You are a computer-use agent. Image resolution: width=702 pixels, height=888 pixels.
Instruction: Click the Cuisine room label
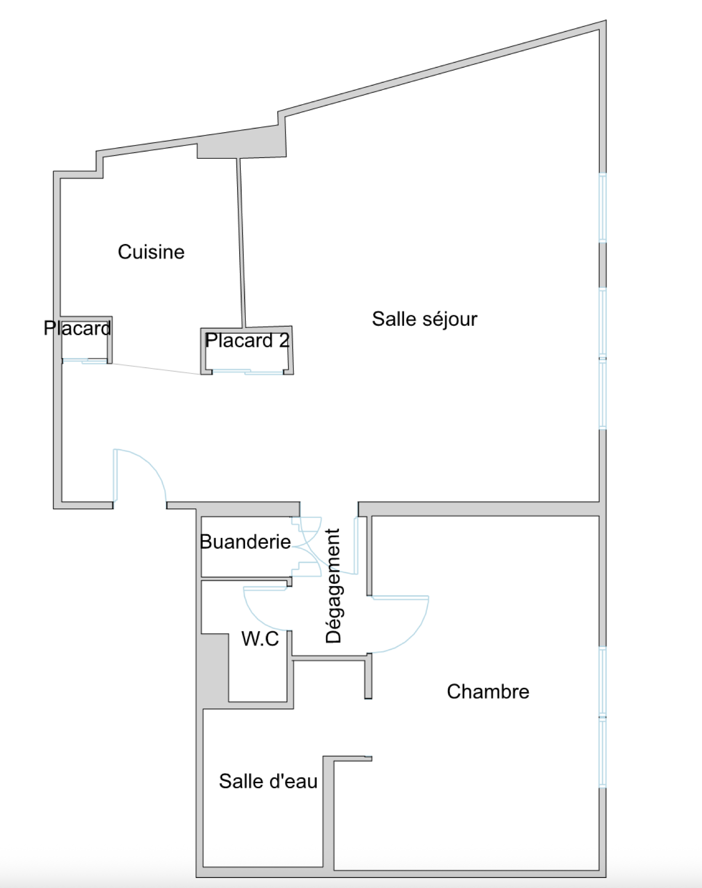(x=151, y=252)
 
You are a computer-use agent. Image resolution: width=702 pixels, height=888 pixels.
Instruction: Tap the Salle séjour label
(x=424, y=319)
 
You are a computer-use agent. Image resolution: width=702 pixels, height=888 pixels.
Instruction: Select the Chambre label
(x=488, y=692)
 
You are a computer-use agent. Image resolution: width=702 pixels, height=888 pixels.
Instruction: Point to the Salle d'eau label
(x=268, y=781)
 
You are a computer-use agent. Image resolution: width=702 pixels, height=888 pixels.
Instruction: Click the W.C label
(x=260, y=639)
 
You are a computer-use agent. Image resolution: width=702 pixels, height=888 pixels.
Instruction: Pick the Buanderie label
(x=245, y=542)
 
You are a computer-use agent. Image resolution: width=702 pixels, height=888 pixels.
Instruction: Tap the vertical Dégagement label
(x=333, y=586)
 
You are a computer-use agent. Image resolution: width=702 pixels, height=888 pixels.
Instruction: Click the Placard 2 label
(x=247, y=341)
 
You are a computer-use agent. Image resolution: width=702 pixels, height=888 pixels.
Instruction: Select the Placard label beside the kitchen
(x=77, y=328)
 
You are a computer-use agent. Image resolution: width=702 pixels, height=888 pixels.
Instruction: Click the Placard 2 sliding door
(x=247, y=372)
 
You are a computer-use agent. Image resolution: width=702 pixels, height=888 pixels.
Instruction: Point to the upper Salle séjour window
(x=603, y=207)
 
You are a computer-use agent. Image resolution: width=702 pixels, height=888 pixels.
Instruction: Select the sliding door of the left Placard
(x=85, y=360)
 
